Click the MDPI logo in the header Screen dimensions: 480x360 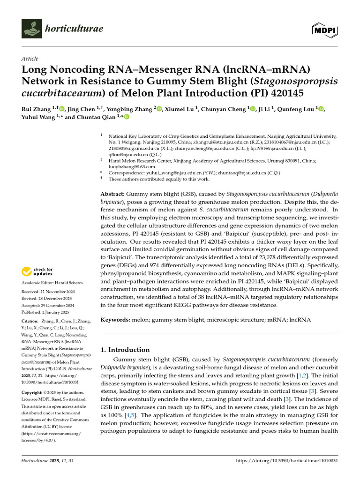(x=325, y=30)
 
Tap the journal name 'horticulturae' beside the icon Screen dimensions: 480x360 (x=74, y=30)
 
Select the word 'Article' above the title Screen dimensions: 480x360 (x=30, y=59)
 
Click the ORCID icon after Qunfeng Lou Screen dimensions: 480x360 (x=321, y=109)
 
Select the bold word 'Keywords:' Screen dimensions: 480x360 (x=115, y=320)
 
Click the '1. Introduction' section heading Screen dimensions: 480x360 (x=126, y=350)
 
